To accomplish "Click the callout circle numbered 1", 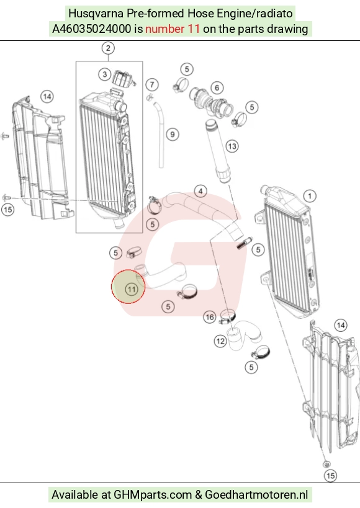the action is tap(310, 195).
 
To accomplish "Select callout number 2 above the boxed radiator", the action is tap(108, 48).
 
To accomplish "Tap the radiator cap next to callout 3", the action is tap(123, 79).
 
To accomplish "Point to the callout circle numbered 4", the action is tap(200, 191).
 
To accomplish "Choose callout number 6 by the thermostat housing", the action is tap(217, 87).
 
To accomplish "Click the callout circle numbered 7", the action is tap(152, 85).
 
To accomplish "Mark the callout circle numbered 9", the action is tap(172, 134).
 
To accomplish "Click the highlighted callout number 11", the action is tap(132, 289).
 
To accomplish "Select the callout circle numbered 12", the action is tap(220, 341).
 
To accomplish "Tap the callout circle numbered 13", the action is tap(232, 146).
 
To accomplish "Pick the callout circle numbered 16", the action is tap(210, 317).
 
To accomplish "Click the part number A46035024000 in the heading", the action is tap(92, 29).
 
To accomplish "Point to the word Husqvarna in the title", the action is tap(96, 14).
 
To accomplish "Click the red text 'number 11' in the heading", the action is tap(172, 29).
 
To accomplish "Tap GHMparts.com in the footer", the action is tap(153, 495).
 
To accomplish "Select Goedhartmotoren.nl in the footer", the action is tap(256, 494).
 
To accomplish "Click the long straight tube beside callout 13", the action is tap(218, 151).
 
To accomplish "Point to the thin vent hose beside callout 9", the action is tap(159, 135).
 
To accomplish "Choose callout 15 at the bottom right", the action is tap(330, 476).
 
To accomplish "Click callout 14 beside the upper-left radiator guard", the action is tap(47, 97).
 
